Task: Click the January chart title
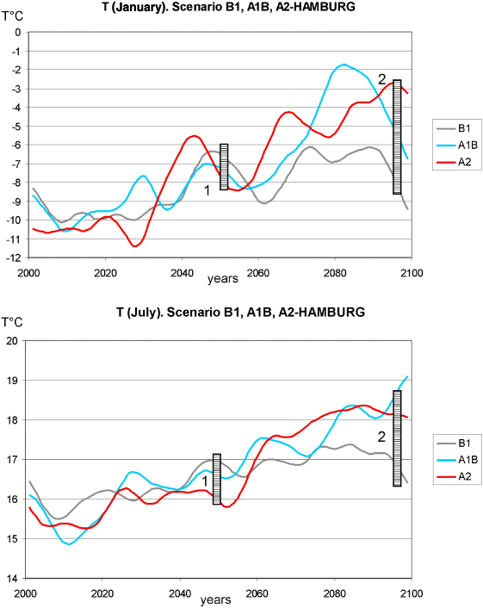(x=229, y=7)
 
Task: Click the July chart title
(x=241, y=312)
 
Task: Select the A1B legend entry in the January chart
(x=457, y=146)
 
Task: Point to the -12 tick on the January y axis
(x=14, y=257)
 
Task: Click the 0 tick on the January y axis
(x=18, y=33)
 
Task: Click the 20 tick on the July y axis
(x=12, y=340)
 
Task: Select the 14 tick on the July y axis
(x=12, y=579)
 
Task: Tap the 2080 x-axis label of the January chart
(x=335, y=273)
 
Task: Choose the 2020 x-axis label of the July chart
(x=102, y=593)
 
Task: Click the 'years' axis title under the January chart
(x=222, y=279)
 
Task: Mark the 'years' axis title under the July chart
(x=216, y=600)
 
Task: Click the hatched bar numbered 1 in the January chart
(x=224, y=167)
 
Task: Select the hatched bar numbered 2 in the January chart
(x=397, y=137)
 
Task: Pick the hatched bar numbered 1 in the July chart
(x=217, y=480)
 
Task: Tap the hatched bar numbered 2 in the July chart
(x=397, y=438)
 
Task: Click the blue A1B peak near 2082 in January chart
(x=344, y=65)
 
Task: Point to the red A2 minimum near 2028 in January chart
(x=134, y=245)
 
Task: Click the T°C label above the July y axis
(x=12, y=322)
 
